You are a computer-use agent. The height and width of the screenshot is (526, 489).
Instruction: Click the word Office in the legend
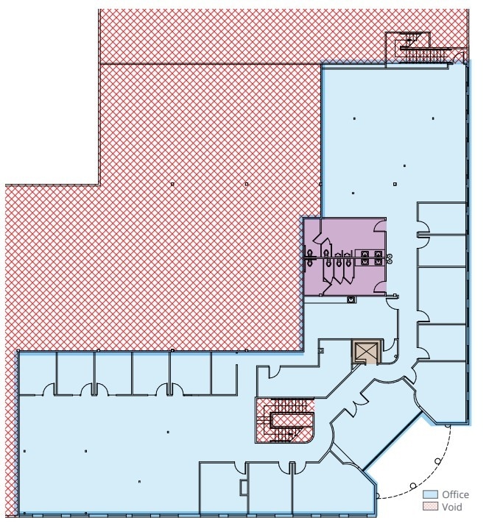(x=455, y=494)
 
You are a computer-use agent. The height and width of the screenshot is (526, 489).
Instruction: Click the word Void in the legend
(x=451, y=507)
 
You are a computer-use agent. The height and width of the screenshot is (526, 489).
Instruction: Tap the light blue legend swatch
(x=430, y=494)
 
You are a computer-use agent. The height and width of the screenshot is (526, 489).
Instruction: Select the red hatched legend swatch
(x=430, y=507)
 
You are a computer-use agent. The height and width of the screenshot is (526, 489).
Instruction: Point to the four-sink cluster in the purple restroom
(x=371, y=257)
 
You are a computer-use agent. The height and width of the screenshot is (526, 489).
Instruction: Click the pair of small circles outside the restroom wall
(x=390, y=259)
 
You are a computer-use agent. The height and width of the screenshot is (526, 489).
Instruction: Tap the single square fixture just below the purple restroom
(x=351, y=299)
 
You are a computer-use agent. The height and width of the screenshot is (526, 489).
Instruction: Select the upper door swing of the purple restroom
(x=380, y=226)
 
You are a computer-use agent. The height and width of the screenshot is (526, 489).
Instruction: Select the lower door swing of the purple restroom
(x=380, y=287)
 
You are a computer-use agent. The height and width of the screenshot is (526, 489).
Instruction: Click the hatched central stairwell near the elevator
(x=285, y=420)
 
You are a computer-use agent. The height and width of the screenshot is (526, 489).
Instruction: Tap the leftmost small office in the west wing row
(x=37, y=373)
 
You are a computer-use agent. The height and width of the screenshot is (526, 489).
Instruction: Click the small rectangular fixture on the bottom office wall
(x=244, y=487)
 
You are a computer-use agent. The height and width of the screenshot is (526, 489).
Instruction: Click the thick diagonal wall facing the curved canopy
(x=393, y=441)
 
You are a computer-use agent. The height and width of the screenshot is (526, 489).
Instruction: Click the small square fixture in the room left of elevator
(x=321, y=351)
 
